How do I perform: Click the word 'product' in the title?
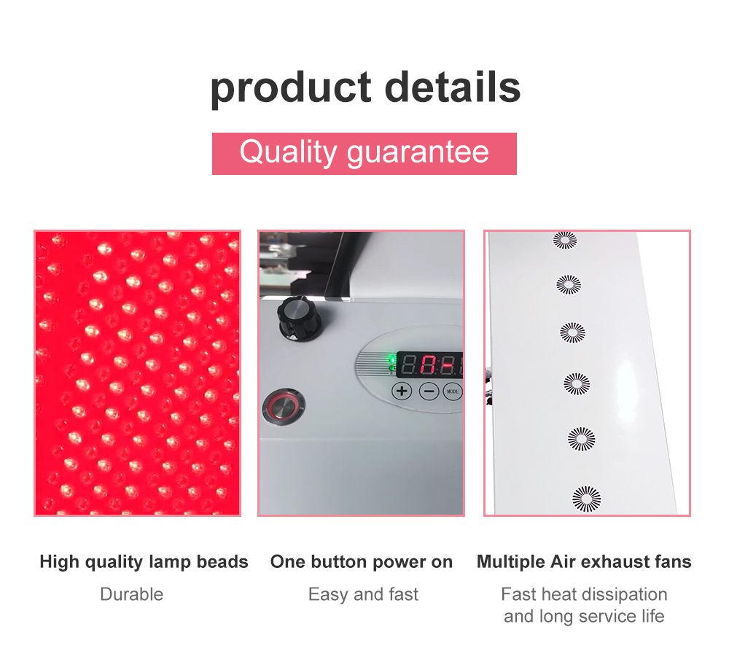291,87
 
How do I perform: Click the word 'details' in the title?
453,87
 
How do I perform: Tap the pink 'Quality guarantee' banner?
364,153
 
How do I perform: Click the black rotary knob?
299,319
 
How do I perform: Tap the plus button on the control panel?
402,391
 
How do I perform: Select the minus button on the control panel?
429,391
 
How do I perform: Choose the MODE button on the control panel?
453,391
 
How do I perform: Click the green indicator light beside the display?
392,359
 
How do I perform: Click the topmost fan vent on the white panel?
565,240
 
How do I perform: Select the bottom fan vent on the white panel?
586,499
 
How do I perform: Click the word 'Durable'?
131,594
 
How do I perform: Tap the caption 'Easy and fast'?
363,594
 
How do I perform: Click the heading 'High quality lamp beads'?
144,562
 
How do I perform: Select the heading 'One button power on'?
362,562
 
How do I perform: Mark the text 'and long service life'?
584,616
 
